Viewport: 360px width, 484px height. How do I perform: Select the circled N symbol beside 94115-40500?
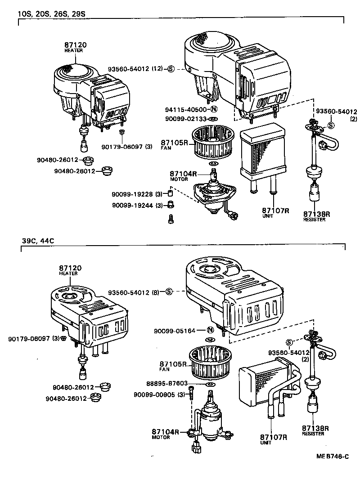coord(214,109)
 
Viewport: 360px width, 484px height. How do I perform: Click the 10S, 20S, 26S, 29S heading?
coord(51,13)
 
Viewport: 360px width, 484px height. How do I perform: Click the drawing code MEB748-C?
coord(332,457)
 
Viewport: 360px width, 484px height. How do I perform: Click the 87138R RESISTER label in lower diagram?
coord(315,430)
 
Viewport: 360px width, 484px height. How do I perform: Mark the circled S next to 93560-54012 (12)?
coord(171,69)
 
